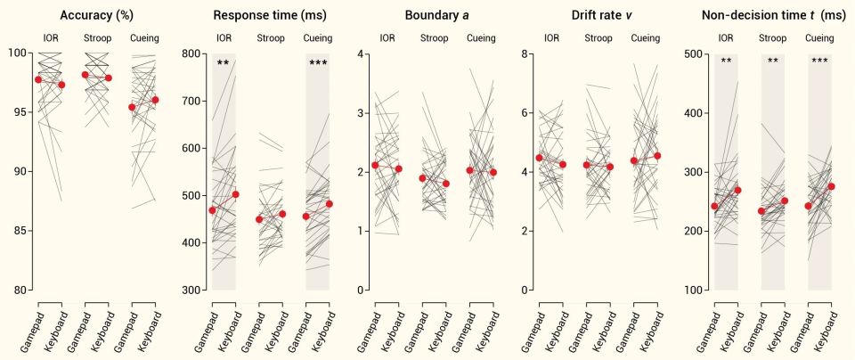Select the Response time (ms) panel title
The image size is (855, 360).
pyautogui.click(x=270, y=15)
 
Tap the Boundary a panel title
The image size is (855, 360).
pyautogui.click(x=434, y=15)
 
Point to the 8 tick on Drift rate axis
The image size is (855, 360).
pyautogui.click(x=528, y=53)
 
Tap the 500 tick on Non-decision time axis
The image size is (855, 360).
pyautogui.click(x=689, y=53)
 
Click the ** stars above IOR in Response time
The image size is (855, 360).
pyautogui.click(x=224, y=63)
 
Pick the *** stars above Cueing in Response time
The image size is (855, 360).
pyautogui.click(x=318, y=63)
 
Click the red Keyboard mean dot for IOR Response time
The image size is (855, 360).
pyautogui.click(x=235, y=194)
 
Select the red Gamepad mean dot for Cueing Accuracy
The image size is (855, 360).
pyautogui.click(x=132, y=107)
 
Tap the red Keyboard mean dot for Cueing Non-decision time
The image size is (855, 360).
pyautogui.click(x=832, y=186)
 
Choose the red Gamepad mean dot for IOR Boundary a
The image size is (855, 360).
pyautogui.click(x=375, y=165)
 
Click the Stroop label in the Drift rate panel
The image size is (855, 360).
pyautogui.click(x=598, y=38)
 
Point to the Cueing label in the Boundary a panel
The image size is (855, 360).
pyautogui.click(x=482, y=38)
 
